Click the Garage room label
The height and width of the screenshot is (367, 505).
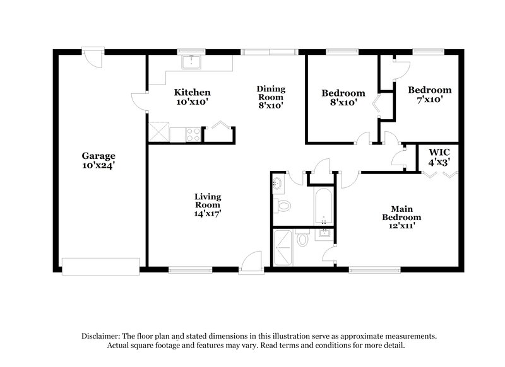click(x=98, y=160)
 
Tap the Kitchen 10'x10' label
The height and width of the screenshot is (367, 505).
click(x=192, y=96)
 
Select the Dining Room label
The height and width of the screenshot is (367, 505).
click(x=270, y=96)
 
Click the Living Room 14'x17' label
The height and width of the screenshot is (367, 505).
click(x=207, y=204)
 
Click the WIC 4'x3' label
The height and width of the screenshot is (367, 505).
click(x=439, y=156)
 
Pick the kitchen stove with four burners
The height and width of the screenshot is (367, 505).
click(x=194, y=134)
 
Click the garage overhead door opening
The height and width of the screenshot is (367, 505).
click(x=100, y=265)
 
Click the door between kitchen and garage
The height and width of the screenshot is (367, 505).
click(x=140, y=100)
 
